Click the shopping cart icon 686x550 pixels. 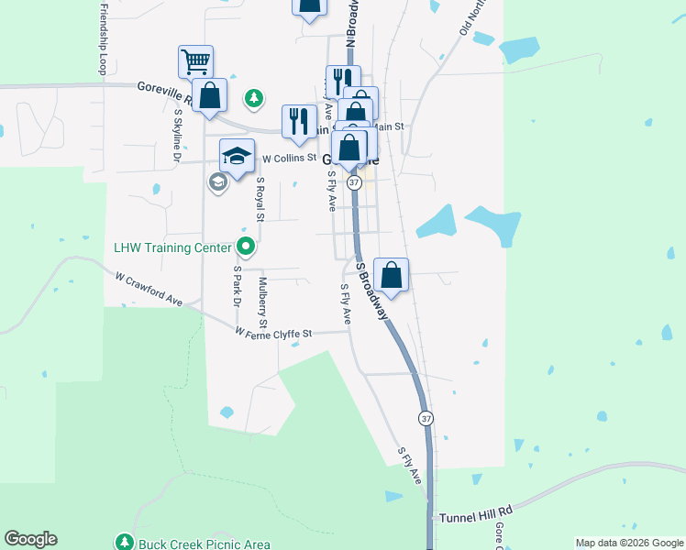pos(195,62)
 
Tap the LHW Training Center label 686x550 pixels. pos(171,247)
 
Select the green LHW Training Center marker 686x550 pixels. pos(246,247)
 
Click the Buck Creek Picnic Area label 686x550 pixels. pos(205,544)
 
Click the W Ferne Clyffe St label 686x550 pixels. pos(273,334)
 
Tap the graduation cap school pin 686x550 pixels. pos(237,155)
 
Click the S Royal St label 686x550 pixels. pos(260,200)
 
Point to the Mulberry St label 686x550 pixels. pos(263,302)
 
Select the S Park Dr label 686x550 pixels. pos(235,288)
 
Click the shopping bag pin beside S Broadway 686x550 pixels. pos(391,275)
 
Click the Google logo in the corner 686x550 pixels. pos(30,539)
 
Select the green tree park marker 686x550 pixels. pos(254,97)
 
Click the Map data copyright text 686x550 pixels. pos(628,543)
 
